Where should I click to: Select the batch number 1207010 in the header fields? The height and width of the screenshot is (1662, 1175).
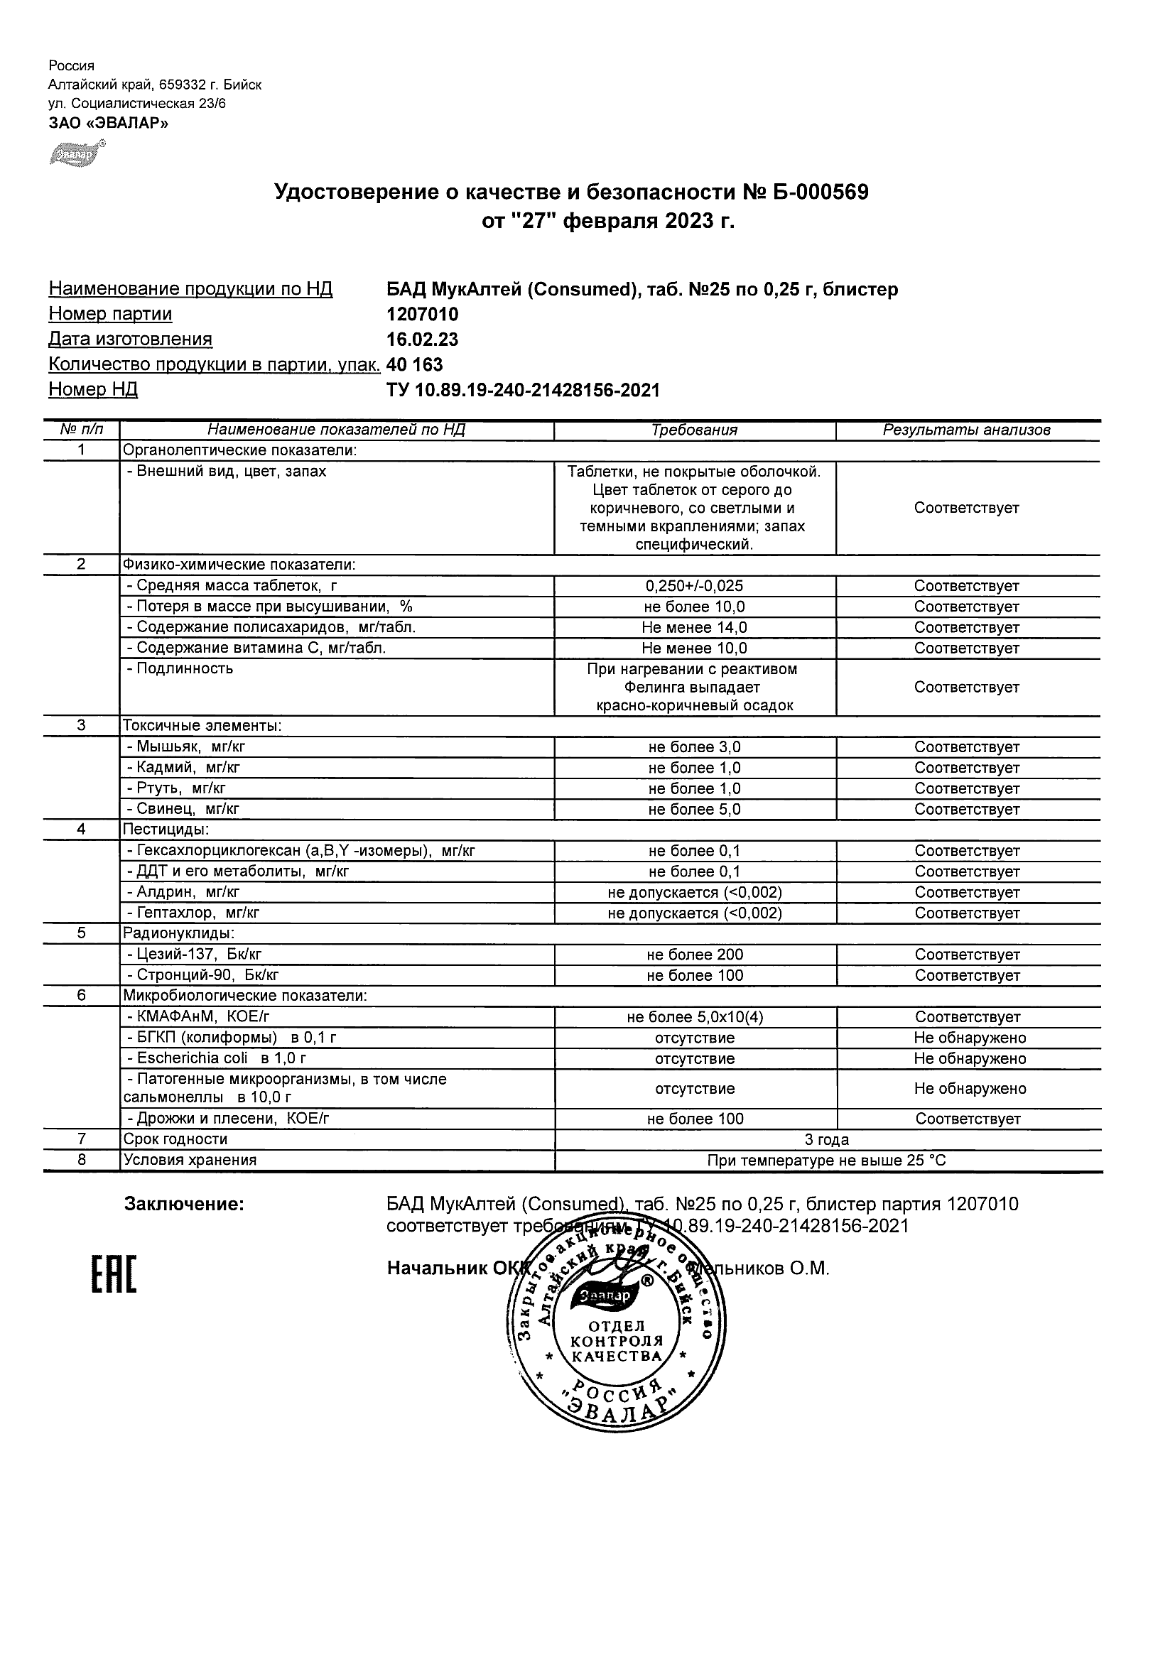click(x=422, y=314)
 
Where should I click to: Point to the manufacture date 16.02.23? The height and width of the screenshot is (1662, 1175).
click(x=422, y=340)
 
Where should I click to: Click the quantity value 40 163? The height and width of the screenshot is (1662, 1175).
click(x=415, y=364)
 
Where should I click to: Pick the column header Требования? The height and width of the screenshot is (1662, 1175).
click(x=694, y=430)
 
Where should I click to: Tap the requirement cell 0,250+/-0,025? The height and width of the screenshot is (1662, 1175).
click(x=694, y=586)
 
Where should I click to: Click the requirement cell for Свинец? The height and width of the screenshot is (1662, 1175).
click(x=694, y=809)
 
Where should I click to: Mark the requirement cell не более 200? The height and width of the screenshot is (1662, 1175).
click(x=694, y=955)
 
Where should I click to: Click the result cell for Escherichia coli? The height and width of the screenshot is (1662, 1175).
click(x=970, y=1058)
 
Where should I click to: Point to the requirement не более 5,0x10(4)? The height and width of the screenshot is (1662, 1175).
click(x=694, y=1017)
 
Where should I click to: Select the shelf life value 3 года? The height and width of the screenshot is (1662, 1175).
click(x=827, y=1139)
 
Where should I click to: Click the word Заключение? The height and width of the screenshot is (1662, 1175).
click(x=184, y=1205)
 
